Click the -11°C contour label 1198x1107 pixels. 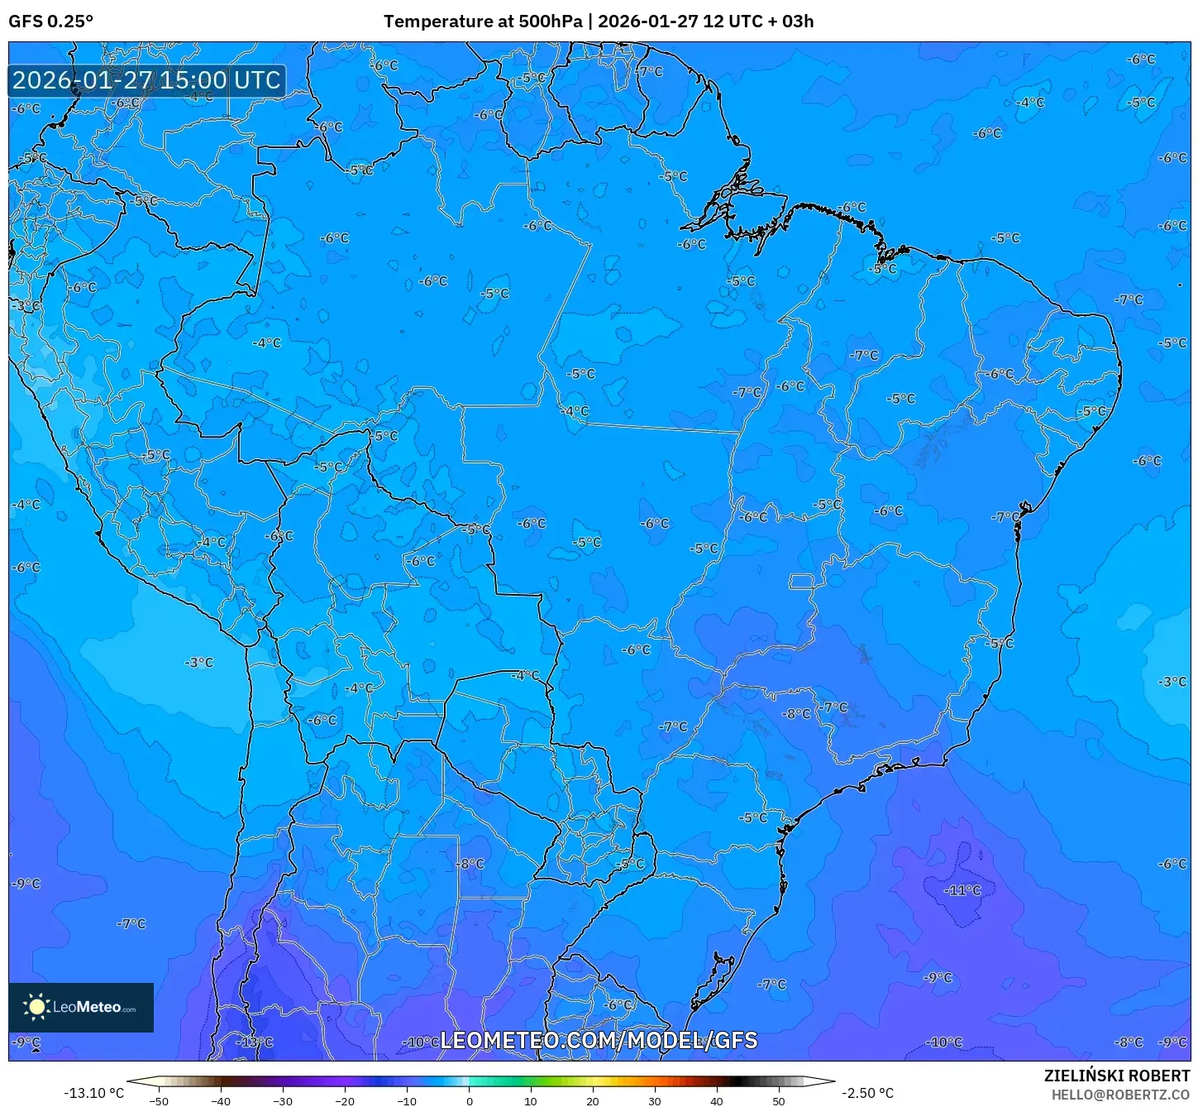[963, 890]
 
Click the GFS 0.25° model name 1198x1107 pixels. [50, 22]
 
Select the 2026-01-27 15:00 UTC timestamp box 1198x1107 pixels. [147, 80]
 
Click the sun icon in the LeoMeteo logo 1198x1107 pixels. [36, 1007]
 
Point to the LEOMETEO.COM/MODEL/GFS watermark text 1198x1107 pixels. [599, 1040]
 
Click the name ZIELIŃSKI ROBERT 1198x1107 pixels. [1116, 1076]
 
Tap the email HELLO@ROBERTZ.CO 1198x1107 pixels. [1120, 1095]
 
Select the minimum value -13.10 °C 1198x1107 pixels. [93, 1093]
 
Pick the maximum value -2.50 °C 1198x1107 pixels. [867, 1093]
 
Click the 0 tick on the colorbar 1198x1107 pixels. [469, 1100]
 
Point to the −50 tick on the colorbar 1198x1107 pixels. [158, 1100]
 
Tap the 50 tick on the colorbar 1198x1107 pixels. [779, 1100]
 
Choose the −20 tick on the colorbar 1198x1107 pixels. [345, 1100]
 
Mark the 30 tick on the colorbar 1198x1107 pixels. [655, 1100]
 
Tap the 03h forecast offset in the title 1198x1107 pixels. [798, 22]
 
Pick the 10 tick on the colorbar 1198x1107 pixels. [531, 1100]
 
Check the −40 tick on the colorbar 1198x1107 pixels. [221, 1100]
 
